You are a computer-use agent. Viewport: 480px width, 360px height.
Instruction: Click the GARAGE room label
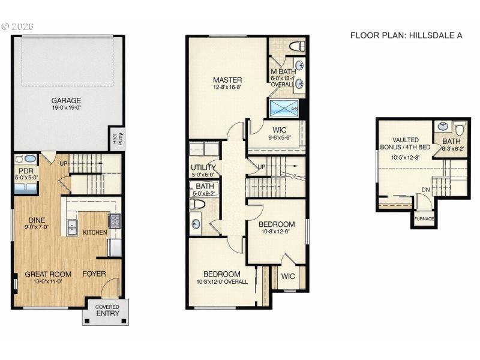[66, 100]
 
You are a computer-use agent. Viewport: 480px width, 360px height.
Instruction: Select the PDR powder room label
[25, 170]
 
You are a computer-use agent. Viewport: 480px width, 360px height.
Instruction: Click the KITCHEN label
[95, 232]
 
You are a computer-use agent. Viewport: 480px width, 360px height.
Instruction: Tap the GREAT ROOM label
[48, 274]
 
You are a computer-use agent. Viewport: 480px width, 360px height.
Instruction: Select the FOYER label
[94, 274]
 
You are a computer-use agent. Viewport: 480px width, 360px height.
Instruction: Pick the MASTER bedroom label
[227, 80]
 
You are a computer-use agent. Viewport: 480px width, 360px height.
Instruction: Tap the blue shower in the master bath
[284, 109]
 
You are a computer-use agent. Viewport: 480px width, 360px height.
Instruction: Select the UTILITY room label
[203, 167]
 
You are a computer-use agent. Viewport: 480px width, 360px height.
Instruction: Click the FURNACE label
[424, 219]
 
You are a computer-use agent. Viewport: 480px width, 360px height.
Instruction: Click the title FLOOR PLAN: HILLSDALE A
[406, 35]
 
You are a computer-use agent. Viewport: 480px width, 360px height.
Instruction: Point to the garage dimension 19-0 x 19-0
[66, 108]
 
